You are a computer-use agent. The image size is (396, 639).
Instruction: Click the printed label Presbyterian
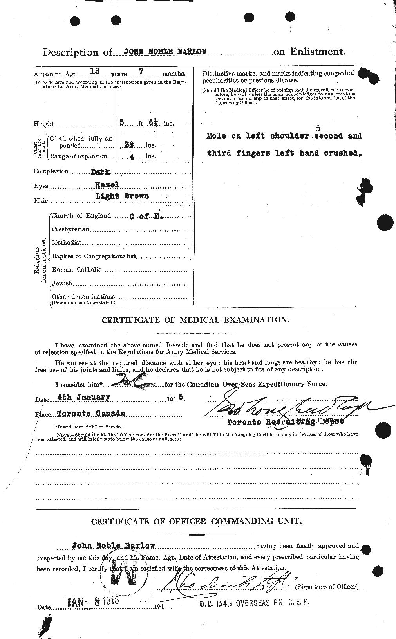click(x=71, y=229)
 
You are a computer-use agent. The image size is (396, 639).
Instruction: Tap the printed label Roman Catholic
click(x=76, y=270)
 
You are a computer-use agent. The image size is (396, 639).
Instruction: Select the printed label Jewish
click(x=62, y=283)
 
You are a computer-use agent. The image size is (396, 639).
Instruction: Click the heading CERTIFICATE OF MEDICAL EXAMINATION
click(x=195, y=320)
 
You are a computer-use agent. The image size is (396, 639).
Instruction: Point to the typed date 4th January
click(x=83, y=397)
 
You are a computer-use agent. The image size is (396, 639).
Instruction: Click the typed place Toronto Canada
click(x=90, y=413)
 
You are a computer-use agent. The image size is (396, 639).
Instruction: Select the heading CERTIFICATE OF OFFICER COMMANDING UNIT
click(x=195, y=522)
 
